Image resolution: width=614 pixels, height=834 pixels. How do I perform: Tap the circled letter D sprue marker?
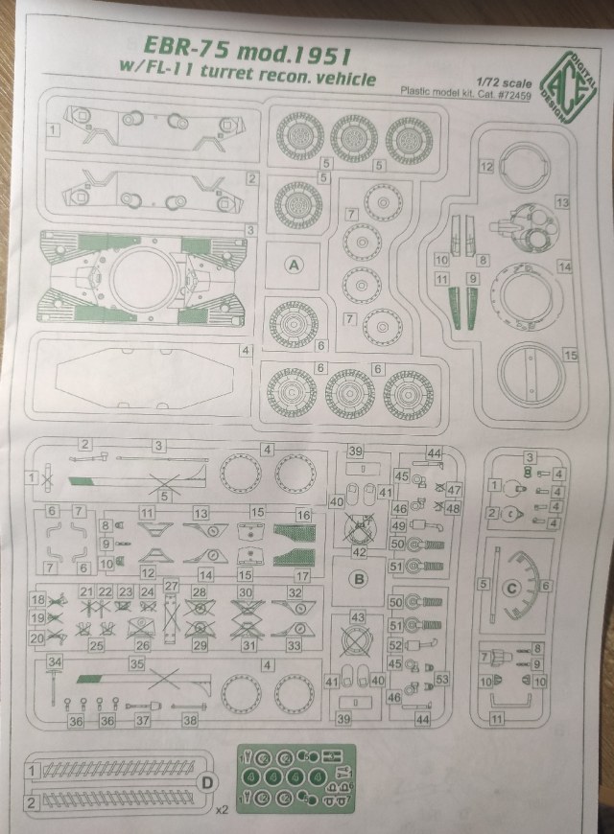[x=204, y=783]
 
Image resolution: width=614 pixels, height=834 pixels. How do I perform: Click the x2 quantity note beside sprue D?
[x=222, y=810]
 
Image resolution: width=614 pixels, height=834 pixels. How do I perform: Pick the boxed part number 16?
[x=304, y=515]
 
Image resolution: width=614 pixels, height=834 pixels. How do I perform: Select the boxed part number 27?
[x=171, y=585]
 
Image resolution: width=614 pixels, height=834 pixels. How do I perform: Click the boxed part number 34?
[x=55, y=661]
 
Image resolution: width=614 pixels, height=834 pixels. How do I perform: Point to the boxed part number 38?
[x=190, y=720]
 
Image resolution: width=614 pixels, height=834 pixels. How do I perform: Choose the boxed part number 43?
[x=358, y=617]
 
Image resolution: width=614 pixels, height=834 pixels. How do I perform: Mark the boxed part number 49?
[x=396, y=525]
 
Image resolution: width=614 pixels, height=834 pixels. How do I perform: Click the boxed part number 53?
[x=442, y=679]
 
